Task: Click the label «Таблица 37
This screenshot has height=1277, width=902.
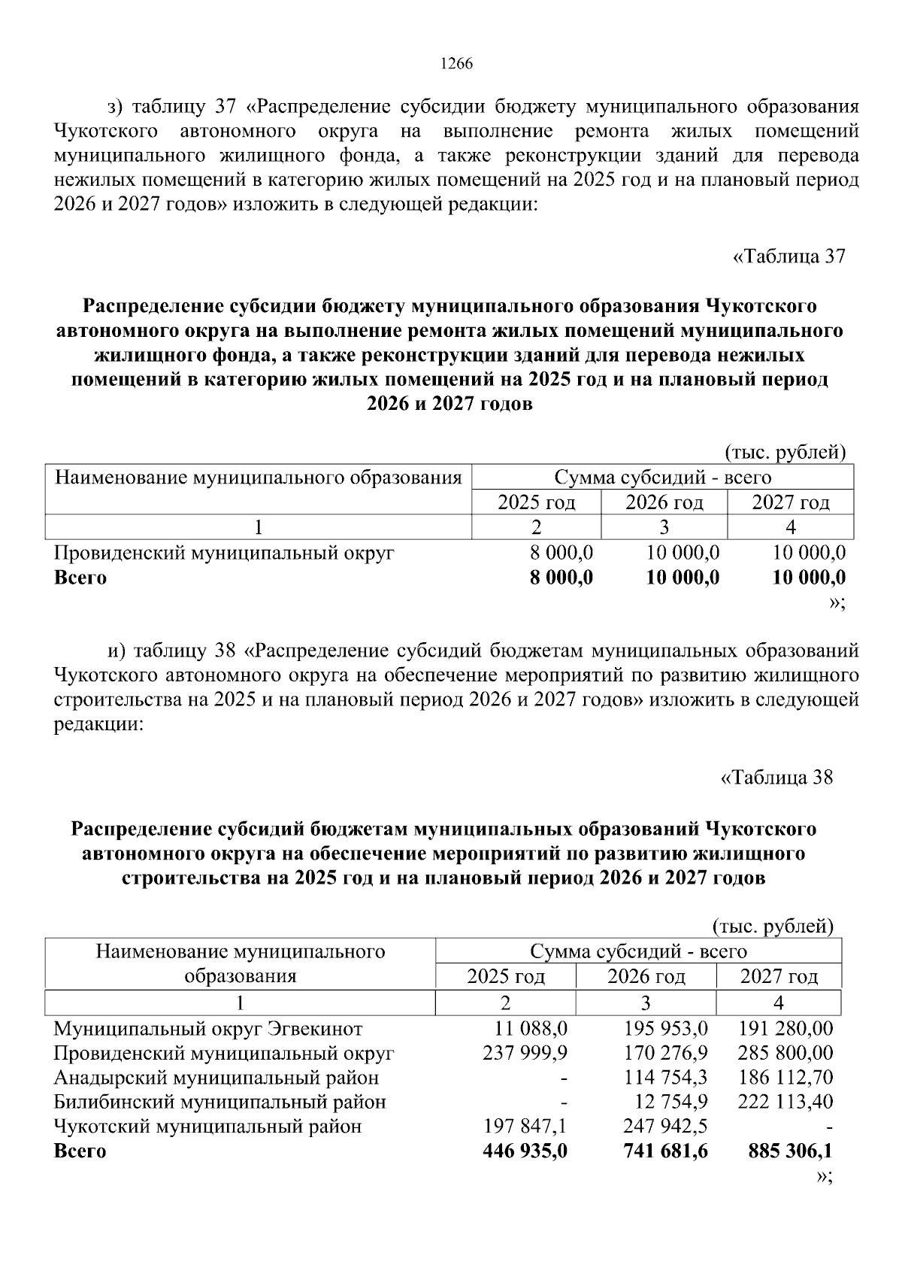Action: (788, 256)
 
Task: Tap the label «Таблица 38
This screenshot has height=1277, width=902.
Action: (777, 778)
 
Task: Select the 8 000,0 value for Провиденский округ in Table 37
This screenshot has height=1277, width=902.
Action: (561, 554)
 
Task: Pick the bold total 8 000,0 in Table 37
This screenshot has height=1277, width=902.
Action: (560, 578)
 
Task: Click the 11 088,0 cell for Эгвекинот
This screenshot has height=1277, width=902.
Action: (531, 1029)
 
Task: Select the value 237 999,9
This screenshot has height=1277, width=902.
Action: (525, 1053)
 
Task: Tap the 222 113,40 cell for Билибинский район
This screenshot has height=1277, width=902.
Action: (785, 1102)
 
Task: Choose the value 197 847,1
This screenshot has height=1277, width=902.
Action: (525, 1126)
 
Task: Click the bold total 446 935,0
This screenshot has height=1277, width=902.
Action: (525, 1151)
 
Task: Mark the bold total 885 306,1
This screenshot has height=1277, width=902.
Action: (790, 1151)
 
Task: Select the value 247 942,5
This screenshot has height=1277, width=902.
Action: (665, 1126)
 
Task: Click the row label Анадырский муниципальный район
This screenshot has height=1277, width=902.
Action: (216, 1078)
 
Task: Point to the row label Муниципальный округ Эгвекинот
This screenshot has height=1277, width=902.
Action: (208, 1029)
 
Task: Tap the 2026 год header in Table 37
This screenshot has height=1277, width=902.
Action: (664, 502)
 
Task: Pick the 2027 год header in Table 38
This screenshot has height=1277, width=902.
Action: (779, 977)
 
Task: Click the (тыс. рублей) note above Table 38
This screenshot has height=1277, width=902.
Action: (772, 927)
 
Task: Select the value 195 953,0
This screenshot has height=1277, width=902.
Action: (665, 1029)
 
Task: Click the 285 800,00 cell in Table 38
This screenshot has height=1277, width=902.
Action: (785, 1053)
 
